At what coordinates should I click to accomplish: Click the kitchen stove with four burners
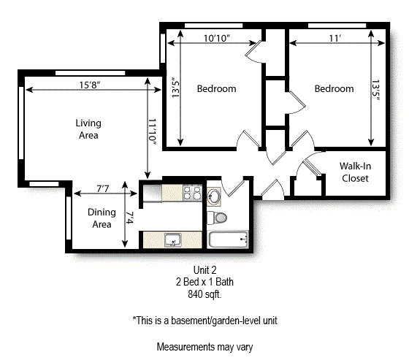click(x=191, y=193)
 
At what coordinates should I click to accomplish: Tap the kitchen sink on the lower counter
click(x=172, y=239)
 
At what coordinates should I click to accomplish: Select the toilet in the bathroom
click(x=219, y=217)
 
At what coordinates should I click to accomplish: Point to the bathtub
click(x=229, y=240)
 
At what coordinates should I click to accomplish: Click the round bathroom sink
click(x=214, y=196)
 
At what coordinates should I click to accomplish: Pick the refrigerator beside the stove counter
click(x=152, y=193)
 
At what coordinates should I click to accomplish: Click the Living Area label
click(x=88, y=129)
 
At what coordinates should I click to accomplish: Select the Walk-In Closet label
click(x=354, y=172)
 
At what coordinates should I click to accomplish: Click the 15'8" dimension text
click(x=90, y=85)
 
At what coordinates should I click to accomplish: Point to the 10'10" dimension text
click(x=216, y=38)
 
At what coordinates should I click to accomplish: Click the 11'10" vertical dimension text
click(x=153, y=133)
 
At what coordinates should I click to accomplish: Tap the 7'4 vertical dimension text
click(x=130, y=217)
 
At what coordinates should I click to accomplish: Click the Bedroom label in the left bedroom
click(x=216, y=89)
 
